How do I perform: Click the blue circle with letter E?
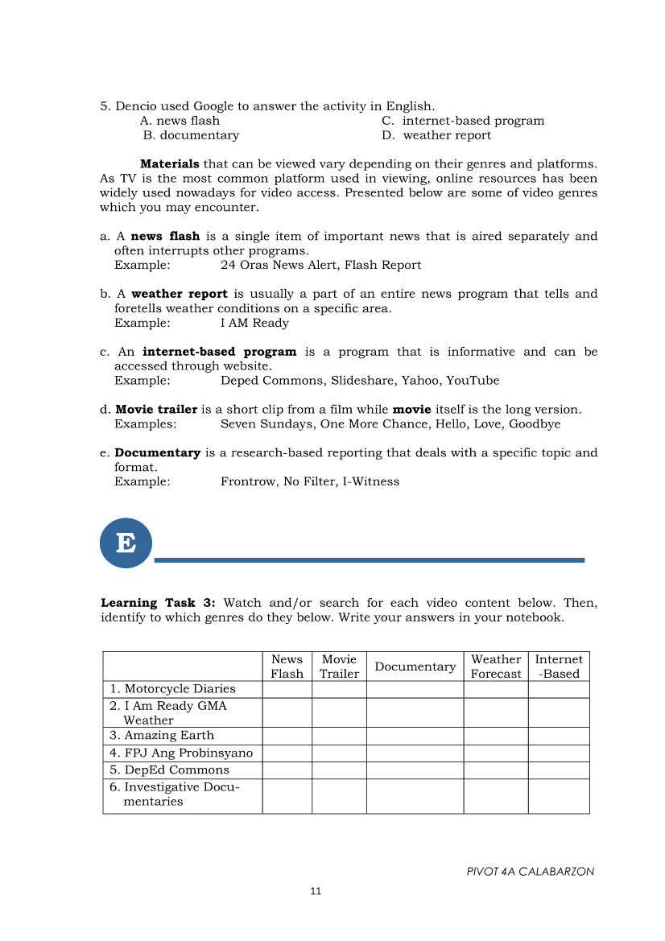click(126, 543)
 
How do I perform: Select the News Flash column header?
click(287, 667)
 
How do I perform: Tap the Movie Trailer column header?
click(339, 667)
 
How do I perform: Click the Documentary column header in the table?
click(415, 667)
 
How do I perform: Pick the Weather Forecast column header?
click(496, 667)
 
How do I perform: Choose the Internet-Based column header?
click(559, 667)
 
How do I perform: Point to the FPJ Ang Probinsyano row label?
click(181, 753)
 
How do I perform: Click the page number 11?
click(316, 891)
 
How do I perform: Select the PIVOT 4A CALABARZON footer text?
click(530, 872)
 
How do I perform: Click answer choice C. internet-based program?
click(463, 121)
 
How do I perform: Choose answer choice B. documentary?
click(191, 135)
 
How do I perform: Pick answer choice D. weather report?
click(436, 135)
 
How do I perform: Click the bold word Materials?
click(170, 164)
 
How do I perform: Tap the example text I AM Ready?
click(254, 323)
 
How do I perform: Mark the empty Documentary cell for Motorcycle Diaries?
click(415, 689)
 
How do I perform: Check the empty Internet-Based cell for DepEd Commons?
click(559, 770)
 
